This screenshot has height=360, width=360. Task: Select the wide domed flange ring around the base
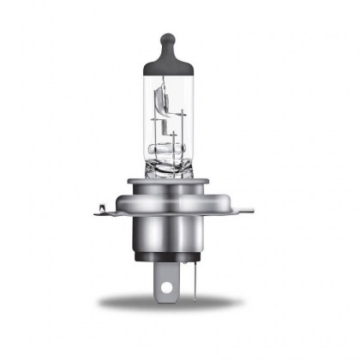[x=177, y=195]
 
